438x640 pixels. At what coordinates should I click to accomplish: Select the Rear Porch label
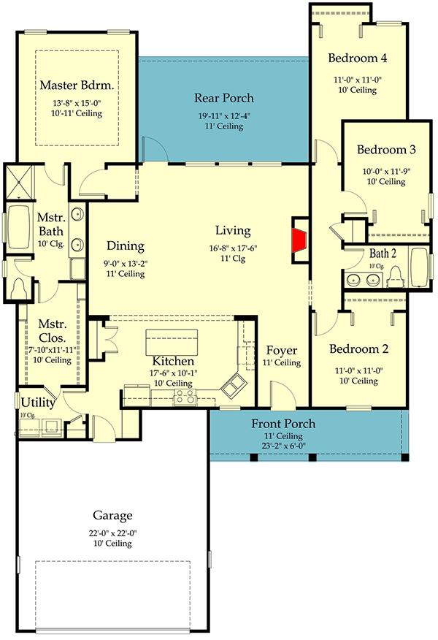pos(223,98)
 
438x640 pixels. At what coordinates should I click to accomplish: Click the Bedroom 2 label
pos(358,348)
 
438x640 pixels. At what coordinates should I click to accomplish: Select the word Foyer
pos(281,350)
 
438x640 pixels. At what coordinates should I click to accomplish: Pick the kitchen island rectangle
pos(173,342)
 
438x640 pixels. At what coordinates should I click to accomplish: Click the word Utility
pos(35,402)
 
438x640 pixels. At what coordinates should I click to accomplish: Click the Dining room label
pos(125,246)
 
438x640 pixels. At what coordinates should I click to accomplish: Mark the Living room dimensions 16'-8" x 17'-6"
pos(234,248)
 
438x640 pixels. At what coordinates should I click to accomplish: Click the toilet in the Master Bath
pos(19,289)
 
